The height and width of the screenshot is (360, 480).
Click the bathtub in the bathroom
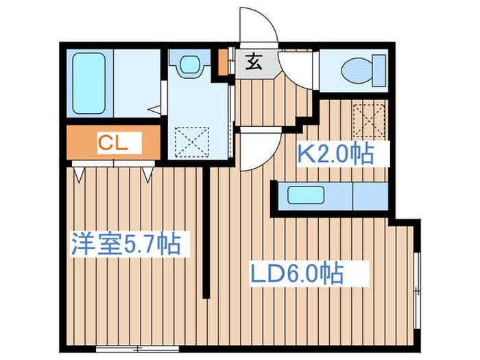pos(91,83)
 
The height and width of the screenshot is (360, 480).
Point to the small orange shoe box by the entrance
pos(223,61)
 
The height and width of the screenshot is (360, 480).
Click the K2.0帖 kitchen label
pos(335,154)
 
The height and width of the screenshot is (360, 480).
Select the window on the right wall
pos(417,282)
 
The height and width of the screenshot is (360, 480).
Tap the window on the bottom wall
pos(127,349)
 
